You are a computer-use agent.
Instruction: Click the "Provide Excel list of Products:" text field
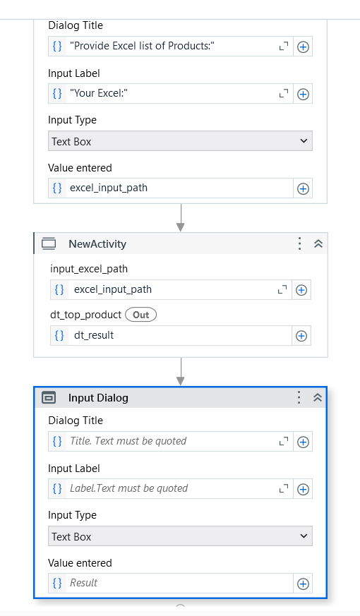coord(171,47)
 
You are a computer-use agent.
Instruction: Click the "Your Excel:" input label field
coord(171,94)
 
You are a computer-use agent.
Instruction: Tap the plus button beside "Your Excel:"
coord(303,95)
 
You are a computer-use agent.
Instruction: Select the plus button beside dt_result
coord(301,336)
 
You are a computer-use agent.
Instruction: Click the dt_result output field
coord(171,335)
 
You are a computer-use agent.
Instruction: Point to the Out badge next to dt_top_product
coord(140,315)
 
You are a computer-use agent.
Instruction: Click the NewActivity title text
coord(97,244)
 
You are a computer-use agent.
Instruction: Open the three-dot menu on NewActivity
coord(299,243)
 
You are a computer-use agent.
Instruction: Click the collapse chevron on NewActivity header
coord(318,243)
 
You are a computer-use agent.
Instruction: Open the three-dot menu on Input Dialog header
coord(299,397)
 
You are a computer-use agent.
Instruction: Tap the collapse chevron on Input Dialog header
coord(318,397)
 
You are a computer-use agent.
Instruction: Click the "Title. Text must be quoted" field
coord(171,442)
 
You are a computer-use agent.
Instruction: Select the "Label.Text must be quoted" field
coord(171,489)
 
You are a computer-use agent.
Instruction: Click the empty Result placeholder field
coord(171,583)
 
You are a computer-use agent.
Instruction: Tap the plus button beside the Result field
coord(303,584)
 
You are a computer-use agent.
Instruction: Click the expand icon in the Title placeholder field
coord(283,442)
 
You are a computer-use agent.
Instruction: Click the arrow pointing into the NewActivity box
coord(181,217)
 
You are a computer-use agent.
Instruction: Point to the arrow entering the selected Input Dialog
coord(181,372)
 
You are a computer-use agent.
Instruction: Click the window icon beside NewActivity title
coord(49,244)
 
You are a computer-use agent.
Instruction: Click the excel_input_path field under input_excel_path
coord(171,290)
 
